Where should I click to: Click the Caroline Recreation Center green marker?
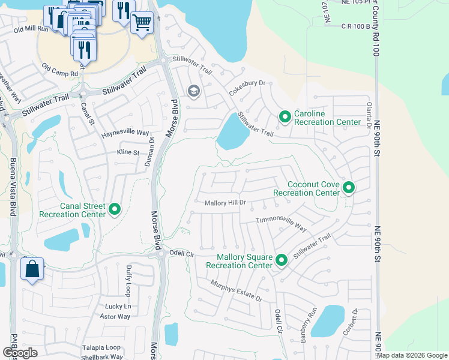click(285, 116)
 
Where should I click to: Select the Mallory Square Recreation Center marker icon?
click(282, 260)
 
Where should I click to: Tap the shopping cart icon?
click(142, 23)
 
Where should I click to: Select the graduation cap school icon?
click(193, 91)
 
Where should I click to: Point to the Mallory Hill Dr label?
click(225, 203)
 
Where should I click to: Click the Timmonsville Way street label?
click(281, 223)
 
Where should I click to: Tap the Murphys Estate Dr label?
click(236, 290)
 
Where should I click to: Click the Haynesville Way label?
click(125, 133)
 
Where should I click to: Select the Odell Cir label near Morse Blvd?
click(182, 254)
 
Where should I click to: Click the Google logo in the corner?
click(19, 352)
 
